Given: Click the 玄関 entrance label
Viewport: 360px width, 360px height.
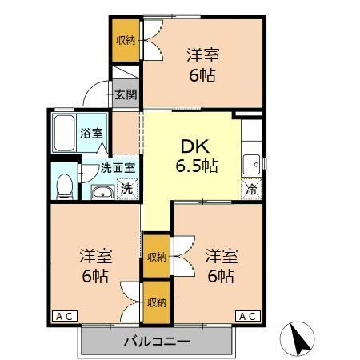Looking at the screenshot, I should click(125, 94).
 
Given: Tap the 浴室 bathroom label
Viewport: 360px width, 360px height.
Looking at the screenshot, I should click(91, 133).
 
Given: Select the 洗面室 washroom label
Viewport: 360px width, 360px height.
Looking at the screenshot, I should click(118, 168).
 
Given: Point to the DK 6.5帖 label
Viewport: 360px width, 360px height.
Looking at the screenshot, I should click(196, 156).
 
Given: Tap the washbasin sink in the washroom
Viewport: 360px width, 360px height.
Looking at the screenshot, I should click(102, 191).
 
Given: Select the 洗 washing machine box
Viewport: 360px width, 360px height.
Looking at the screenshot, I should click(126, 190).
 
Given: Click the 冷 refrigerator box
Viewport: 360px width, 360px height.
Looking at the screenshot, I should click(251, 190).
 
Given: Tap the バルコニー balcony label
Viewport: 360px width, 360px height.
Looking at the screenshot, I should click(156, 342).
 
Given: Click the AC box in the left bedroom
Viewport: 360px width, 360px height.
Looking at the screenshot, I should click(65, 317).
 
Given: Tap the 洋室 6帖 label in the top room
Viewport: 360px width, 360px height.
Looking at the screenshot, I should click(203, 66).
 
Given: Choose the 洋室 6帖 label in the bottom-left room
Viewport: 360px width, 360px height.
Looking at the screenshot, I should click(95, 266).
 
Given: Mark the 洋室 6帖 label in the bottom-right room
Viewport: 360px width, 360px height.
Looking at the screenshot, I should click(220, 266).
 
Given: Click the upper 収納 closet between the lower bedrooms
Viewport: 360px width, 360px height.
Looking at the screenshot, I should click(156, 257).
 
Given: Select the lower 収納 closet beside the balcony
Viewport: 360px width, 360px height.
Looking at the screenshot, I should click(156, 302).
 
